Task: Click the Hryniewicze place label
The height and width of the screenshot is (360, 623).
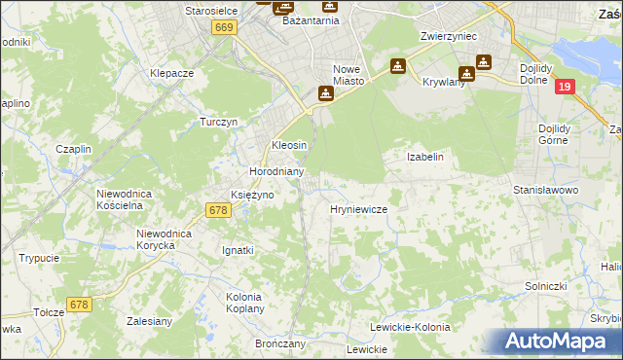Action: pyautogui.click(x=359, y=209)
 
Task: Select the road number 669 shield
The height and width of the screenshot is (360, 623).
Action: pyautogui.click(x=224, y=29)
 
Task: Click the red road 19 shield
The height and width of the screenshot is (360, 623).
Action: pyautogui.click(x=565, y=87)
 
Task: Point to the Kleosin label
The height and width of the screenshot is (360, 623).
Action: pyautogui.click(x=289, y=145)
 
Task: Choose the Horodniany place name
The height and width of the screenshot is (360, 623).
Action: pyautogui.click(x=277, y=171)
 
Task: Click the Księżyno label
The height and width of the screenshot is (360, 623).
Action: pyautogui.click(x=251, y=195)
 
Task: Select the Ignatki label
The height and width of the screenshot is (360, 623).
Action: pyautogui.click(x=238, y=250)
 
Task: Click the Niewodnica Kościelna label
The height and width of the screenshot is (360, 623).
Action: pyautogui.click(x=126, y=199)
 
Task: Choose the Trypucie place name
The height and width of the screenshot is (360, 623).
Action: pyautogui.click(x=39, y=258)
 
